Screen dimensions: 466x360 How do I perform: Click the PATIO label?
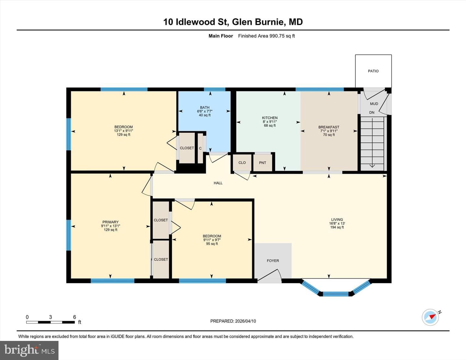(x=373, y=71)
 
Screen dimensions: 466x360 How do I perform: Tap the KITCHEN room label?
(x=270, y=118)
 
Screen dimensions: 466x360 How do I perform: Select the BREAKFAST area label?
(x=329, y=127)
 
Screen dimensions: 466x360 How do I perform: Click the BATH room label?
(x=205, y=107)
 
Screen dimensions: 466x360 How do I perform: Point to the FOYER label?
(x=273, y=261)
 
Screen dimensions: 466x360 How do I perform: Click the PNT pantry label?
(x=262, y=163)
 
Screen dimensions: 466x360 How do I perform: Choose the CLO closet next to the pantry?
(x=242, y=163)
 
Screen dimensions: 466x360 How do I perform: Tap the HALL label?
(x=218, y=183)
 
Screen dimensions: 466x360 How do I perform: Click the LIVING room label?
(x=337, y=219)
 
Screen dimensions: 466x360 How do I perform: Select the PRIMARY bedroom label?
(x=110, y=222)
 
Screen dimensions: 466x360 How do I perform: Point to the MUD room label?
(x=374, y=104)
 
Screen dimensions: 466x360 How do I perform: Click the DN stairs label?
(x=372, y=113)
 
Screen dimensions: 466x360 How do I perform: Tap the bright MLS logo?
(x=29, y=350)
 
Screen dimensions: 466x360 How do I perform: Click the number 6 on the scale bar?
(x=74, y=317)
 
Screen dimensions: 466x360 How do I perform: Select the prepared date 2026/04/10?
(x=245, y=321)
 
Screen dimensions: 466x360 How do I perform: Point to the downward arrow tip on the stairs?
(x=372, y=167)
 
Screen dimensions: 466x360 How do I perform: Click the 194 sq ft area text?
(x=337, y=227)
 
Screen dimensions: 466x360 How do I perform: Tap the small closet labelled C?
(x=200, y=148)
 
